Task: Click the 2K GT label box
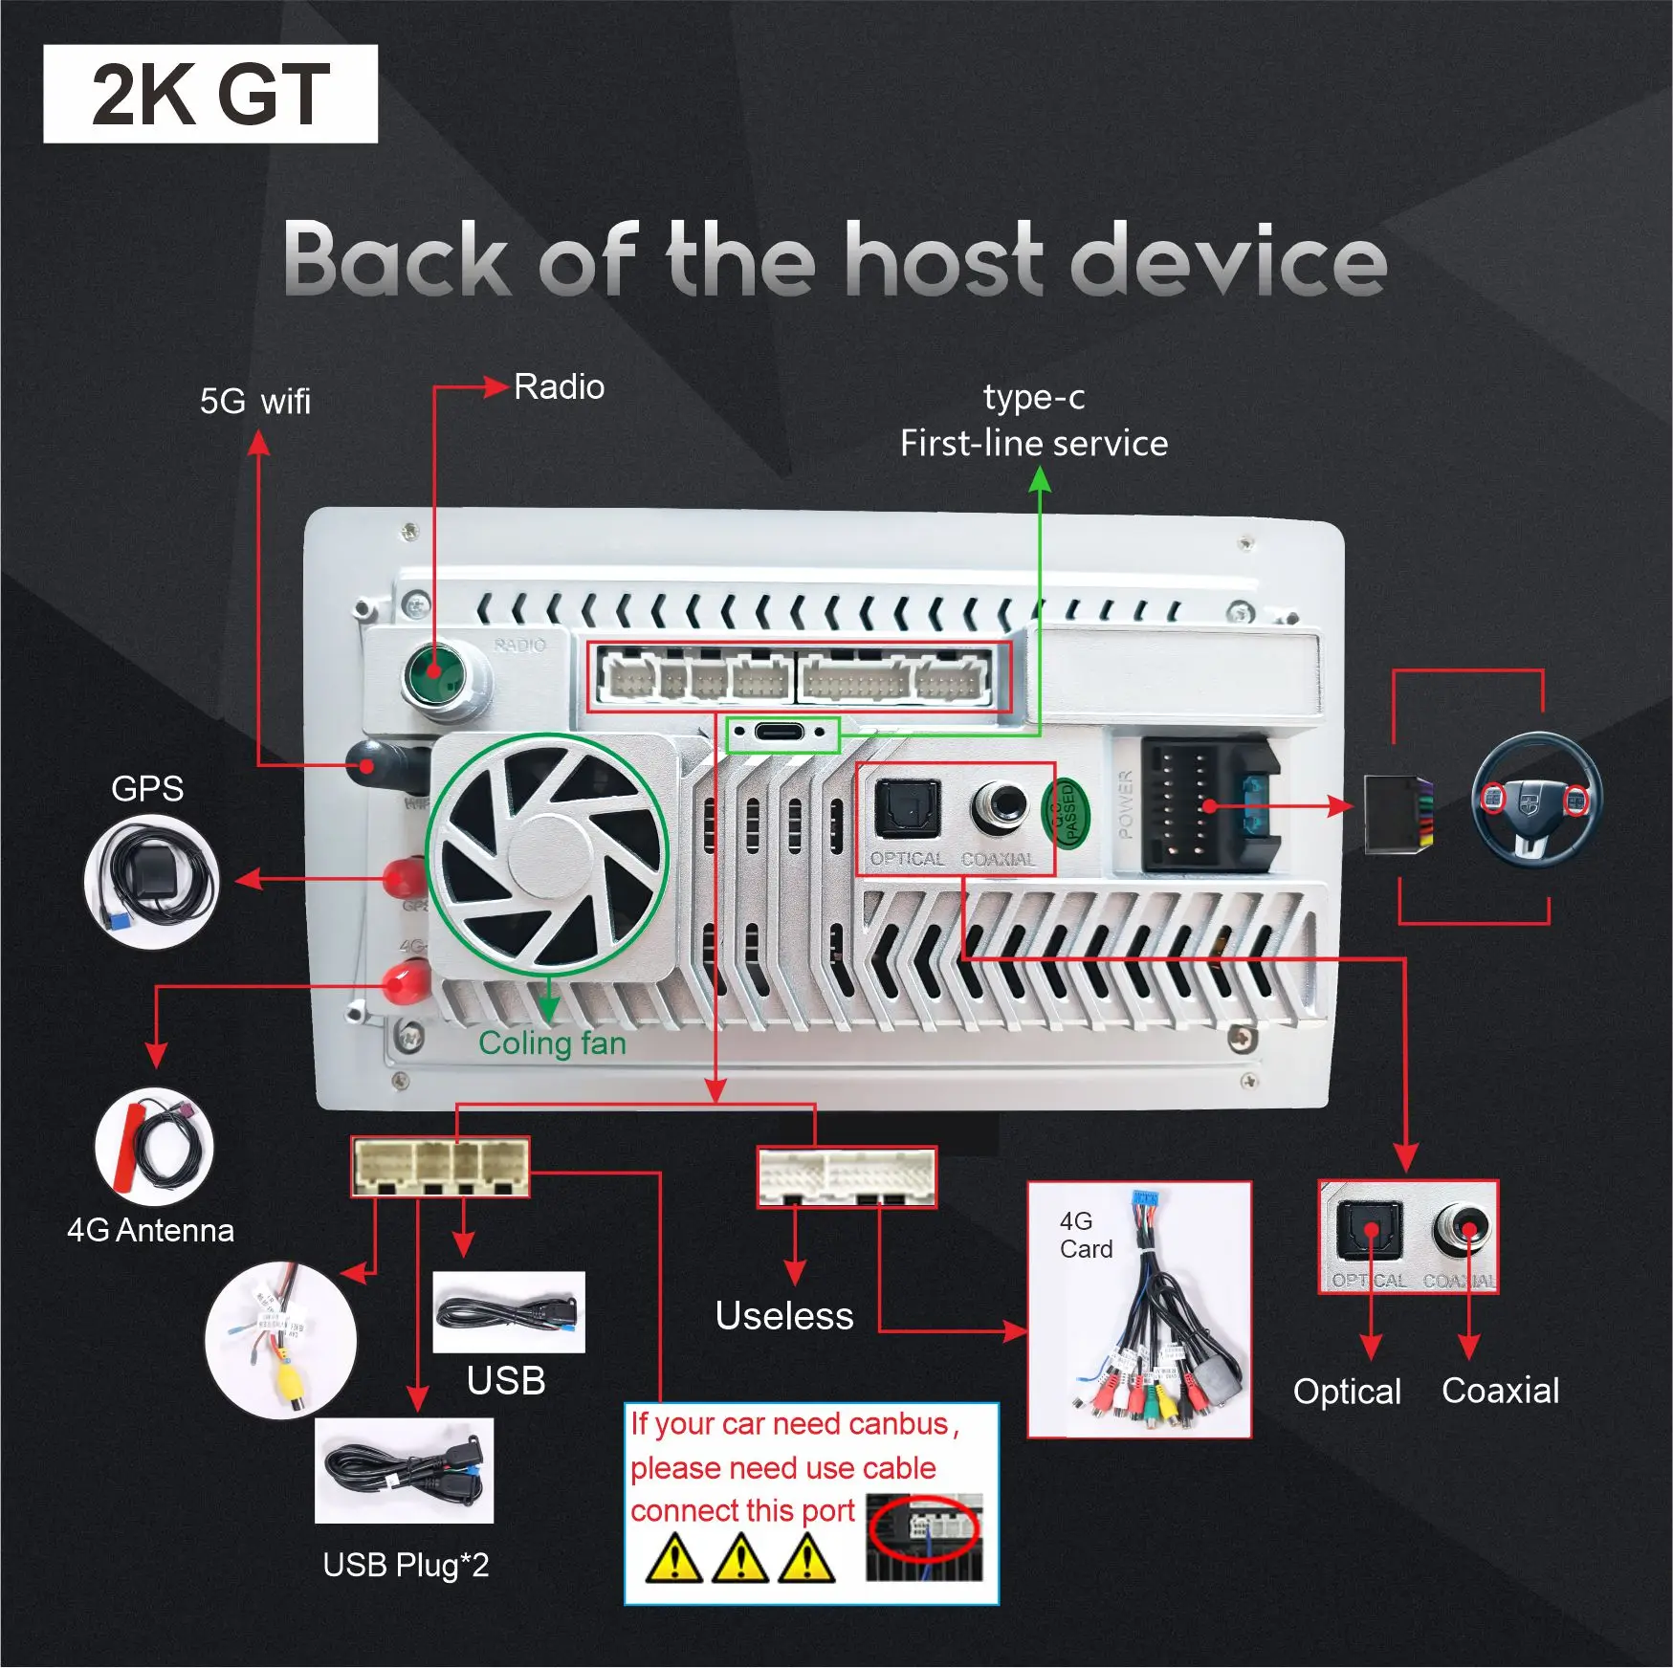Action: point(210,94)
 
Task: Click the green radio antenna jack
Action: point(436,673)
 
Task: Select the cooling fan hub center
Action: point(545,855)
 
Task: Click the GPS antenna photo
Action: point(152,881)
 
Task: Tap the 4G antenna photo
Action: point(154,1146)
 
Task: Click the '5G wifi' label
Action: point(254,402)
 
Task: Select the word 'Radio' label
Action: point(559,387)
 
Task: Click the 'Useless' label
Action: point(784,1316)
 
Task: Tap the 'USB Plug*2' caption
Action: point(406,1565)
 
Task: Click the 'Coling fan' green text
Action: point(552,1042)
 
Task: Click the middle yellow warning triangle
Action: point(740,1557)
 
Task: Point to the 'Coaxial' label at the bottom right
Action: point(1500,1391)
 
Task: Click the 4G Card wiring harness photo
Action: point(1139,1309)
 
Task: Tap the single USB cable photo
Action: point(508,1311)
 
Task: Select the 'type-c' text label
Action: point(1034,397)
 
